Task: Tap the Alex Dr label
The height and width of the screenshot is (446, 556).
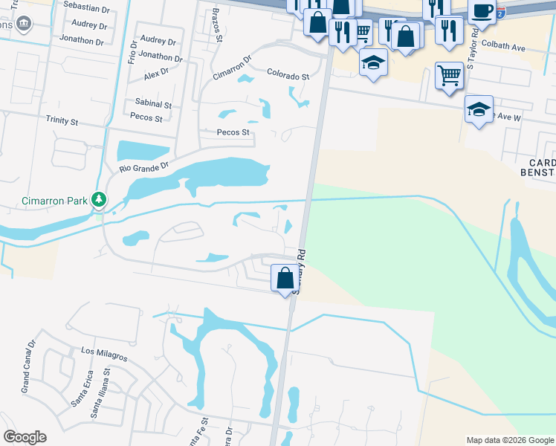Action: (157, 74)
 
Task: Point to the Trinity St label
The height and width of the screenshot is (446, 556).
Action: (62, 120)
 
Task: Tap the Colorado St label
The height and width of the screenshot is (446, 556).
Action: (288, 77)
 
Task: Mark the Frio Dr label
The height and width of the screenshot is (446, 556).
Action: (133, 51)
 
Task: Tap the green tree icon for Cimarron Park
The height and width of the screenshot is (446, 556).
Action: (99, 200)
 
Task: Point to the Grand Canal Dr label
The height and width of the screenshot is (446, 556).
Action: (29, 376)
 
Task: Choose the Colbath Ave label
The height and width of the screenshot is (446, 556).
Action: (503, 46)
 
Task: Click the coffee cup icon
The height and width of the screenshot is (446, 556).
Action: (482, 12)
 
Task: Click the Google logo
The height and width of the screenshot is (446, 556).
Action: (25, 437)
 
